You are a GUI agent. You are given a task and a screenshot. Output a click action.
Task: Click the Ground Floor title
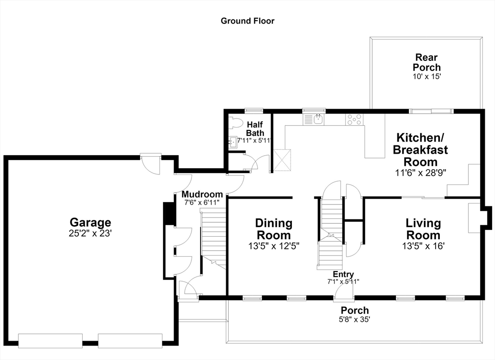247,21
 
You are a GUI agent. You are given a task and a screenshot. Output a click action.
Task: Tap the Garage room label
90,222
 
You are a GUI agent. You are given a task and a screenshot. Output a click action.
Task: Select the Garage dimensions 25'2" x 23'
90,233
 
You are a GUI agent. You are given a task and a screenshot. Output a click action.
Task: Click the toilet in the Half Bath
234,123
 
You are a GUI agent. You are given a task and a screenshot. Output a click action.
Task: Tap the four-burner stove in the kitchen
354,120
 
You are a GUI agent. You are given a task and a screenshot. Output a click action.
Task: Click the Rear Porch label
426,62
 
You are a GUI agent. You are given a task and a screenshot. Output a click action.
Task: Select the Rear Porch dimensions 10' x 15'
426,76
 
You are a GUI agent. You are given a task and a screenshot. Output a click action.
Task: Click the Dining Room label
274,229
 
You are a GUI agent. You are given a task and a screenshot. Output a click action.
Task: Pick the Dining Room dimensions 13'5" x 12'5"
274,246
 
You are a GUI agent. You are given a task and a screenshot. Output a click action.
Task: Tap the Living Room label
423,229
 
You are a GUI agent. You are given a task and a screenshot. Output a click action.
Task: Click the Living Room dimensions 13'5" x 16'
423,246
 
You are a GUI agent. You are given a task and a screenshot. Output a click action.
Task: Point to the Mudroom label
202,194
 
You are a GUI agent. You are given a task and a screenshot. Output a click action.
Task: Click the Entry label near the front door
343,274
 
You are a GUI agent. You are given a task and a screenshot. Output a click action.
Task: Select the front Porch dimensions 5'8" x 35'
354,319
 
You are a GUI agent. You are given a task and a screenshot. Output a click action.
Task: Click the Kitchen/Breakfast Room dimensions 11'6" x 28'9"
421,173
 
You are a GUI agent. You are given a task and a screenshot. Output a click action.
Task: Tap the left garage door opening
50,341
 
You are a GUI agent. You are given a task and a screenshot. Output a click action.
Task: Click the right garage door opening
130,341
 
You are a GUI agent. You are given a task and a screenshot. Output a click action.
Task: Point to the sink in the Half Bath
233,142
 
